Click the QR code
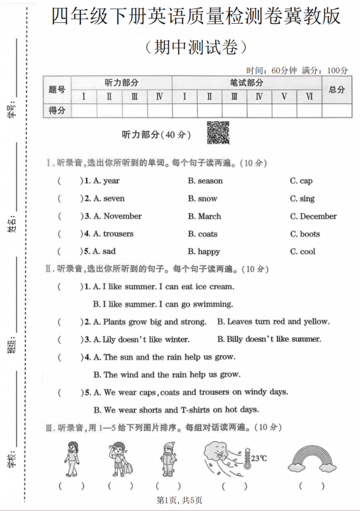pyautogui.click(x=218, y=132)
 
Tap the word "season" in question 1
pyautogui.click(x=210, y=181)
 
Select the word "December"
pyautogui.click(x=318, y=216)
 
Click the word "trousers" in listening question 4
pyautogui.click(x=119, y=234)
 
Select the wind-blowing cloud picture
pyautogui.click(x=225, y=457)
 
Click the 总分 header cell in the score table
pyautogui.click(x=336, y=90)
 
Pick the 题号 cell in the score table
pyautogui.click(x=57, y=90)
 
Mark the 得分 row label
pyautogui.click(x=57, y=111)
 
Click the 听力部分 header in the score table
pyautogui.click(x=121, y=83)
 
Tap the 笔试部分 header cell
pyautogui.click(x=246, y=83)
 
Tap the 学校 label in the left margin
pyautogui.click(x=11, y=457)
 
